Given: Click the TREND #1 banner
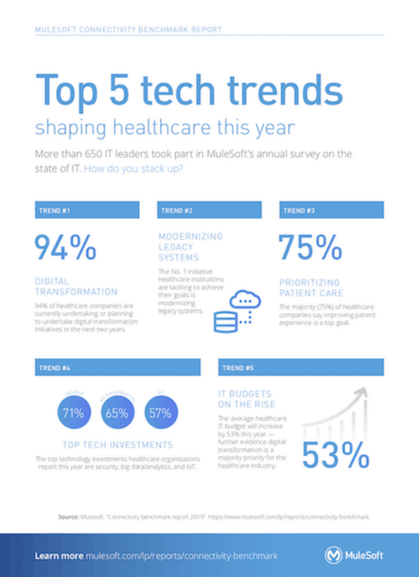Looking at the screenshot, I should (x=86, y=210).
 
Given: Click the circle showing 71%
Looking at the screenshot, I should (x=71, y=413).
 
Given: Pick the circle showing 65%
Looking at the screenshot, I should (x=115, y=413).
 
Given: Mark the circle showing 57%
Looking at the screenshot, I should (x=159, y=413).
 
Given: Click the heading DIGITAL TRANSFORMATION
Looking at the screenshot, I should (x=78, y=285).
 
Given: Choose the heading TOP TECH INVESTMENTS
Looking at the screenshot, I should (x=113, y=442).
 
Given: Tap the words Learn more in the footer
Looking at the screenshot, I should (x=59, y=555).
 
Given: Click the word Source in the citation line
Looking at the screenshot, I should (x=70, y=517).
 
